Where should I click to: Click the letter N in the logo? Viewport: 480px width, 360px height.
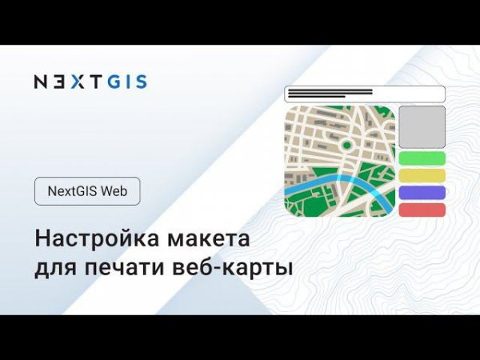click(41, 81)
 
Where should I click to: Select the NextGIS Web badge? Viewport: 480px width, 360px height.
click(88, 192)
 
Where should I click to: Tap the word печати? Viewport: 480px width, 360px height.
click(125, 267)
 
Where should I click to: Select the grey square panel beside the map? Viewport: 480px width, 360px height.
click(421, 126)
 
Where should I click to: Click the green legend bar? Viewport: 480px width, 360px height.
click(421, 158)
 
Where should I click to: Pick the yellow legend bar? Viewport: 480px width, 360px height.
click(421, 175)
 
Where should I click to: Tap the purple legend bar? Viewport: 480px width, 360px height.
click(421, 193)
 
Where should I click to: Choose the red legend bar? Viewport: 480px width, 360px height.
click(421, 210)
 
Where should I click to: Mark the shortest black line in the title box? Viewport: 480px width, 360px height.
click(316, 96)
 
